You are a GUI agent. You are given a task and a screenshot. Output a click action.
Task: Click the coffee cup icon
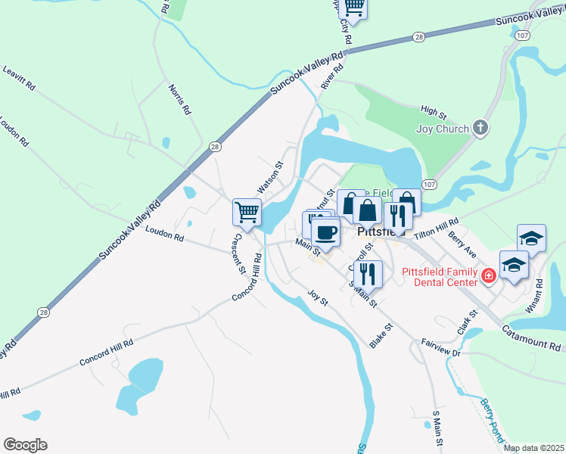(x=325, y=232)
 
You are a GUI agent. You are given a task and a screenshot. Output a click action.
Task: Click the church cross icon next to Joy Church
(x=480, y=128)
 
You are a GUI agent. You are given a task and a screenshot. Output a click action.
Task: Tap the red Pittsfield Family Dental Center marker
(x=489, y=275)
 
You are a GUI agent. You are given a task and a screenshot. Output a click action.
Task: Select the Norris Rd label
(x=179, y=99)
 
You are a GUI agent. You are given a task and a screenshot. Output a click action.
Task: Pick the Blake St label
(x=382, y=333)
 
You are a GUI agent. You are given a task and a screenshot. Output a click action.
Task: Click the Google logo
(x=25, y=444)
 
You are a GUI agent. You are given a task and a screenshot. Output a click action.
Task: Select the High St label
(x=434, y=113)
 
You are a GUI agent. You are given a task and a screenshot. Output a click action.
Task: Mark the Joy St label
(x=317, y=297)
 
